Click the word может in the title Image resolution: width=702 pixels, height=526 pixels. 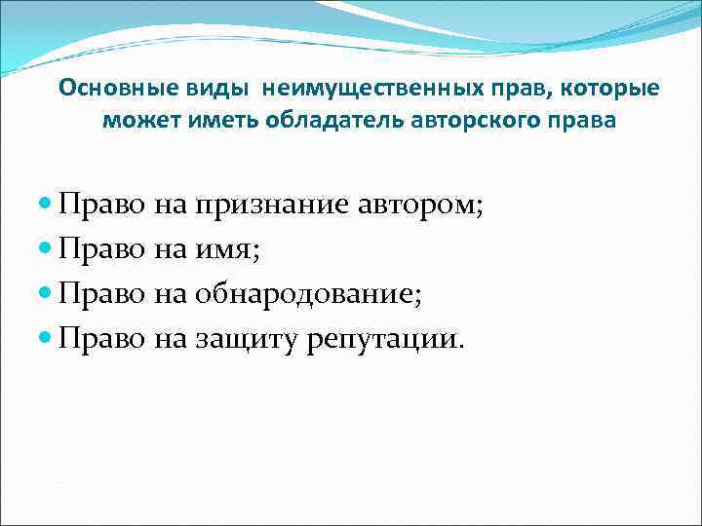tap(135, 121)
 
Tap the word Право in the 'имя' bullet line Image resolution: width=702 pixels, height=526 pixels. tap(101, 249)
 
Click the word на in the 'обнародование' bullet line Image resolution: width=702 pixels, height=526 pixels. tap(171, 294)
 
